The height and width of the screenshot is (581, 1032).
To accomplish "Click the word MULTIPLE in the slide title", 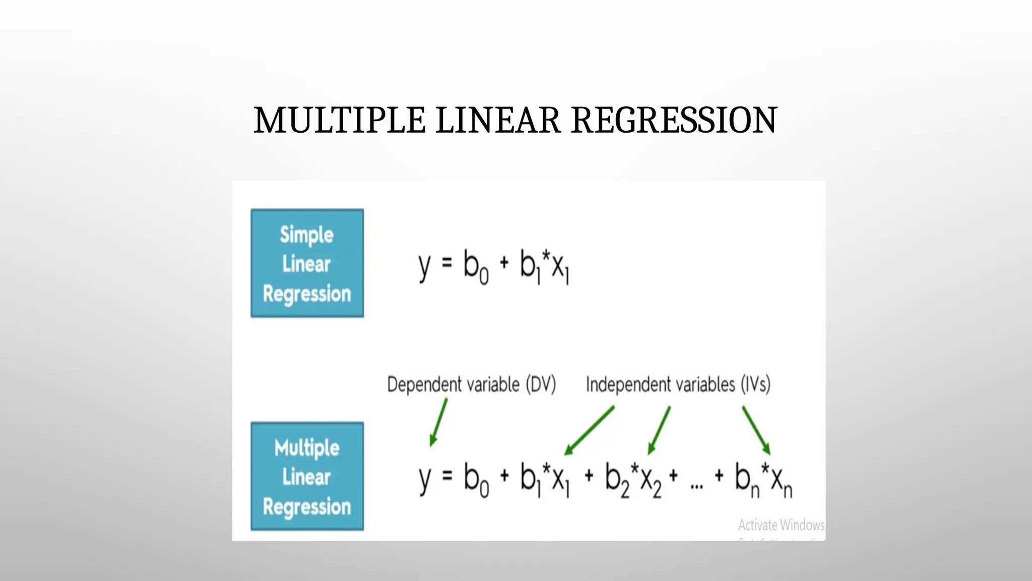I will click(339, 121).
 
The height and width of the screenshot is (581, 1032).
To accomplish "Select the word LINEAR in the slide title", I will click(498, 121).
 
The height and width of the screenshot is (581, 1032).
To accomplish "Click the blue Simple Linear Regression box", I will click(307, 263).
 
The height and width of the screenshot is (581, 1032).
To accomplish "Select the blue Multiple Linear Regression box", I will click(307, 477).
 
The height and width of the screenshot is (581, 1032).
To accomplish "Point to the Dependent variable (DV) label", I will click(471, 385).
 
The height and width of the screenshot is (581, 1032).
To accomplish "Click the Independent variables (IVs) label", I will click(678, 385).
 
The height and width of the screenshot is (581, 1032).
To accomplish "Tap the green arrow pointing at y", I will click(438, 423).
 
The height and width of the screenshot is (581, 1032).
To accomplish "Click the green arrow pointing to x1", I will click(589, 431).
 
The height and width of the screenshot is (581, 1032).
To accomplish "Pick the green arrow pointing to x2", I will click(659, 430).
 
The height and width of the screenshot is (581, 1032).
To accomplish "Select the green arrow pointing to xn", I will click(756, 430).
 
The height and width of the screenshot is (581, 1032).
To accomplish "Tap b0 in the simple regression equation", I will click(476, 267).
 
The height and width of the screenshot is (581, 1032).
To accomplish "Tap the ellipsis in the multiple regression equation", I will click(696, 485).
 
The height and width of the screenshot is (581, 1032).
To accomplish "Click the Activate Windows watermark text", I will click(781, 525).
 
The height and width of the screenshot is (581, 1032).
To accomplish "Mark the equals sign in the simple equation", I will click(447, 263).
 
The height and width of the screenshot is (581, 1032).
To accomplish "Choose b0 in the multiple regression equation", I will click(476, 480).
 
